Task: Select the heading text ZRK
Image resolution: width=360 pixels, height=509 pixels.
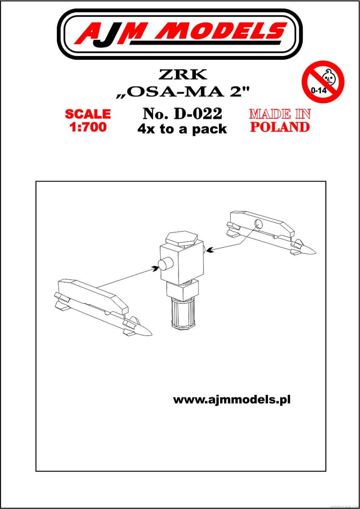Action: point(183,74)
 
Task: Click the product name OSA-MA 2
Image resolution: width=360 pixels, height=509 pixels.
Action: point(183,92)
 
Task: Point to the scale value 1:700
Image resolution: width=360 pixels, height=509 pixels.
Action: point(88,127)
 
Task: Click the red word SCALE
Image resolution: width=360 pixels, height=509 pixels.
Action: point(88,114)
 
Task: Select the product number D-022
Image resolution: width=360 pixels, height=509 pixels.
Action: point(198,114)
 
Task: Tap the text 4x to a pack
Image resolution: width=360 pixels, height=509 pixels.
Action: point(182,129)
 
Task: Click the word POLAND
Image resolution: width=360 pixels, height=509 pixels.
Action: point(280,127)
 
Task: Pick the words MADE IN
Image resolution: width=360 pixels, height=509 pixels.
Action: point(280,114)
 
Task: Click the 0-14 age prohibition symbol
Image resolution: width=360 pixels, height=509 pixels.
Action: point(323,82)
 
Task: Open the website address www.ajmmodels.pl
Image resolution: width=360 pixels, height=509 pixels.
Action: point(232,400)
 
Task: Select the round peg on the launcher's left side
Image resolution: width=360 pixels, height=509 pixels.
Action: point(165,263)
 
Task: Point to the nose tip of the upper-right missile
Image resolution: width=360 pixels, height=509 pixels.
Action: point(316,252)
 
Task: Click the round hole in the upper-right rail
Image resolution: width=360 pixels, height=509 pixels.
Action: point(259,224)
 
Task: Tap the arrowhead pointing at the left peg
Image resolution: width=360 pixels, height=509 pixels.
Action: point(156,268)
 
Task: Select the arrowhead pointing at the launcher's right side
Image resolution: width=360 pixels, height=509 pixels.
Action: point(210,250)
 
